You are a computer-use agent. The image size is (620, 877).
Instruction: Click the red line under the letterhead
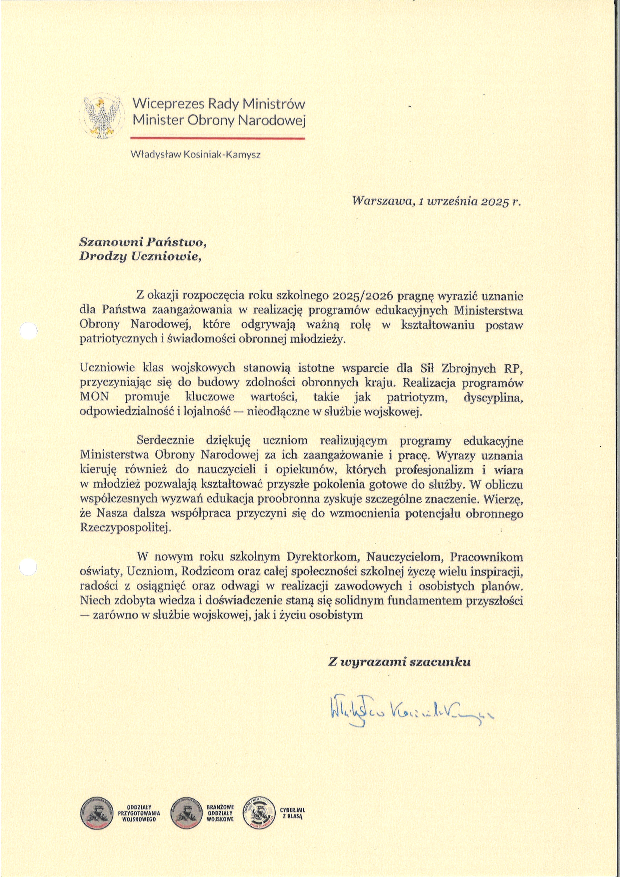[x=217, y=138]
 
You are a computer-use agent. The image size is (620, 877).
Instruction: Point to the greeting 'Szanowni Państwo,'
[x=145, y=242]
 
